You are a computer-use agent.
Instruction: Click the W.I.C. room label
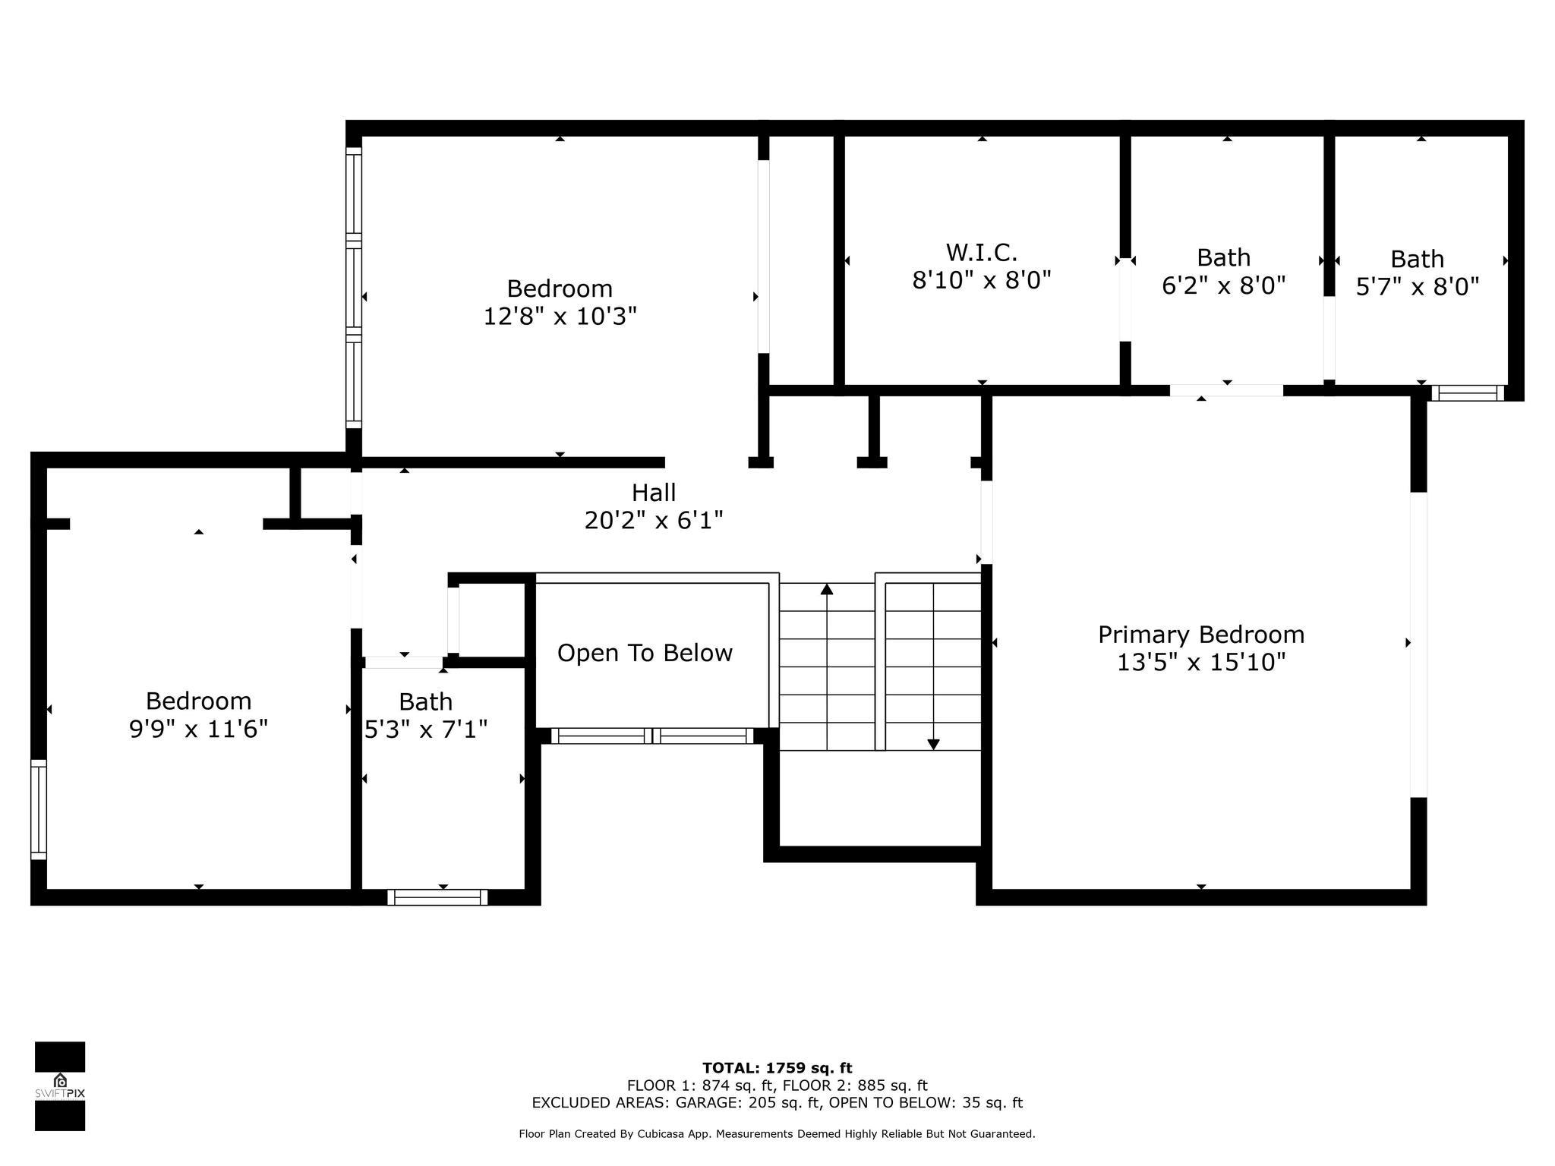(x=981, y=252)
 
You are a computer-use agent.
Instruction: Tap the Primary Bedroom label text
(x=1201, y=635)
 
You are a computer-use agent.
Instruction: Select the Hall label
(x=654, y=493)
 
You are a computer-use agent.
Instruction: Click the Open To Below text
(x=645, y=653)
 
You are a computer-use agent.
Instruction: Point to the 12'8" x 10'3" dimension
(x=560, y=316)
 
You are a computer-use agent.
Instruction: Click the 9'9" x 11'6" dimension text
(x=198, y=729)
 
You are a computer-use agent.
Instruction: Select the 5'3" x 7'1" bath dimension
(x=426, y=730)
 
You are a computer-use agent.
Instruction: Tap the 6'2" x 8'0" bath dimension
(x=1224, y=285)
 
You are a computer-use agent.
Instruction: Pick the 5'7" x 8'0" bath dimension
(x=1418, y=287)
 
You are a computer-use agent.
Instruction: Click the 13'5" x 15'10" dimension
(x=1201, y=663)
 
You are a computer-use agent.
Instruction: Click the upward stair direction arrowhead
(x=827, y=588)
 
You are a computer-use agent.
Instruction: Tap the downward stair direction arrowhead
(x=933, y=745)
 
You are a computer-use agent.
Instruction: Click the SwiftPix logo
(x=60, y=1086)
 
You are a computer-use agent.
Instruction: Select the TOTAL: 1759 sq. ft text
(x=777, y=1068)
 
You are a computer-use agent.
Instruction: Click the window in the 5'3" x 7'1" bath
(x=437, y=897)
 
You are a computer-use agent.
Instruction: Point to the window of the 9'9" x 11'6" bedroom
(x=39, y=809)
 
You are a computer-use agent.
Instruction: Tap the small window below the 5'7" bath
(x=1468, y=393)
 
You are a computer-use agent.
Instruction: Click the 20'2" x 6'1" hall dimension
(x=654, y=521)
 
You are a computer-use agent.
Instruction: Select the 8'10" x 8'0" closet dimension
(x=981, y=280)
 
